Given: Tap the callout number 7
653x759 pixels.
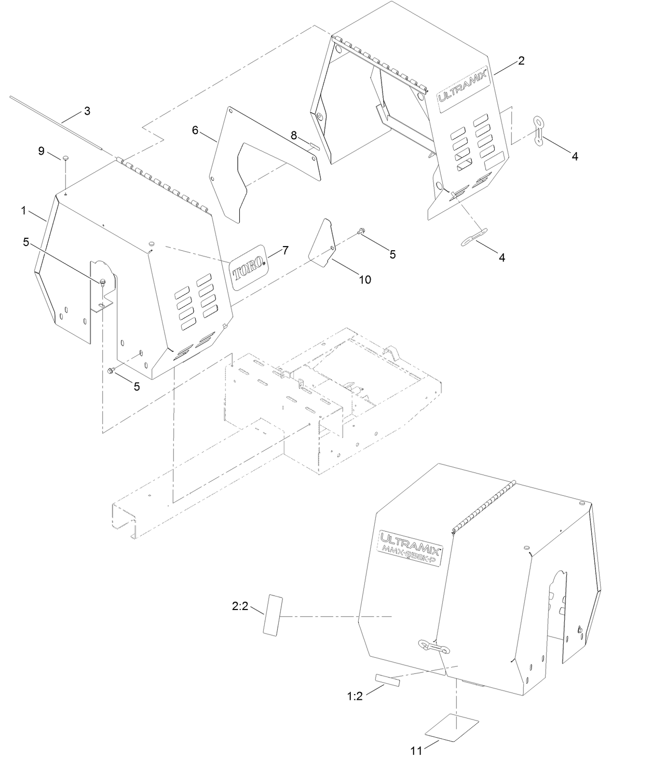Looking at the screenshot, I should (285, 251).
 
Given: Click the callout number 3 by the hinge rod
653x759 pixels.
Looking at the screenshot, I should (87, 111).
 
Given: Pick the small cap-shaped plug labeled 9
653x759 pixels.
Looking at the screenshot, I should (66, 157).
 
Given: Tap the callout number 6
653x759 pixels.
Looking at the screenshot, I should (195, 130).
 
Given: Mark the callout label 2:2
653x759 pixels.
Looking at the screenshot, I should (240, 606).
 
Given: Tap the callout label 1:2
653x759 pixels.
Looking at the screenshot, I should (355, 696).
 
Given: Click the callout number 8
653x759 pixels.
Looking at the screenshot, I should (294, 135).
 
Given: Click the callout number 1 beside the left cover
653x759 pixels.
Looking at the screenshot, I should (24, 210).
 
